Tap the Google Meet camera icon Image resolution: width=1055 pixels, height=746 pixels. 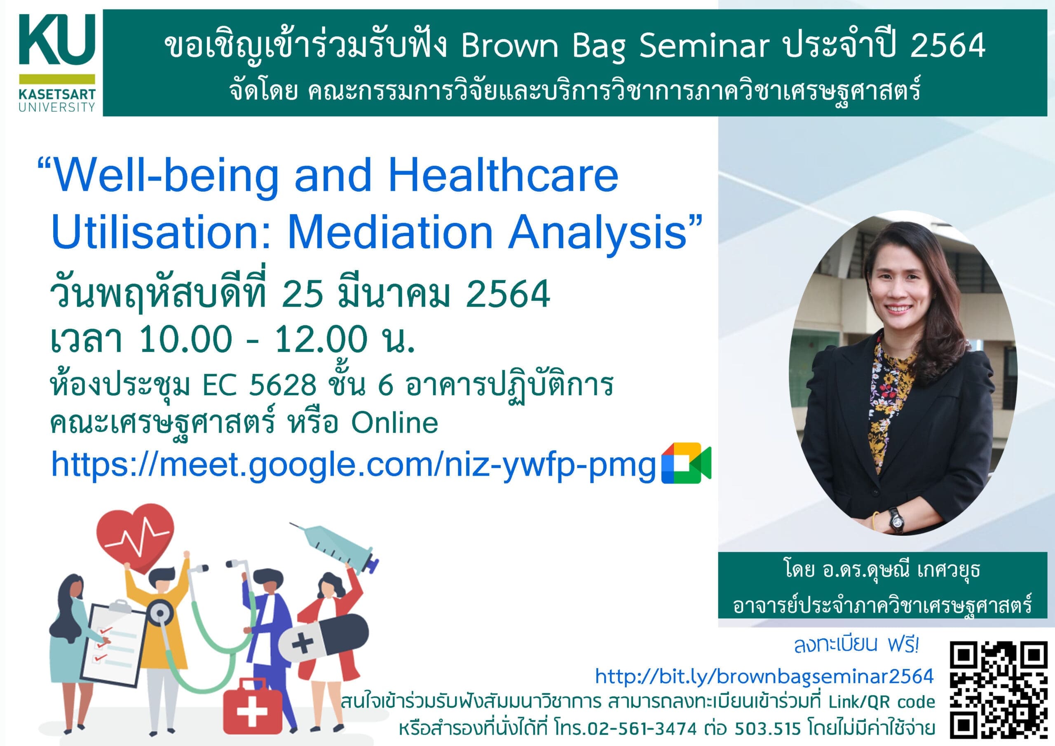[686, 463]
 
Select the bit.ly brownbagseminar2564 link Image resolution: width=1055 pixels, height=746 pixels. [764, 676]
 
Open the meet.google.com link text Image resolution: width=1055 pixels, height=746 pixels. [353, 464]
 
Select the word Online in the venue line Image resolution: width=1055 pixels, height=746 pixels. [395, 422]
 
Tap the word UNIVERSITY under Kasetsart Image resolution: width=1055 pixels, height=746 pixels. [57, 107]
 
